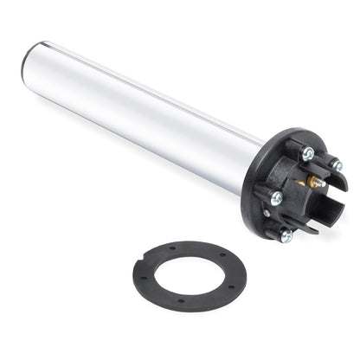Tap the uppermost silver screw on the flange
coord(308,153)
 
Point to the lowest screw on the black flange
coord(286,235)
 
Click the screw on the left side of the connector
coord(276,198)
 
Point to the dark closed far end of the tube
coord(27,61)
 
